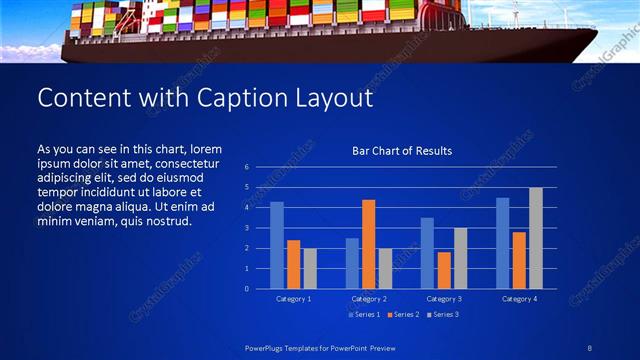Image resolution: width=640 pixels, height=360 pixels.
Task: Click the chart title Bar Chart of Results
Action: pyautogui.click(x=402, y=151)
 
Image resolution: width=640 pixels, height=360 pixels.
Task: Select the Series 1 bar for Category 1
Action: pyautogui.click(x=277, y=245)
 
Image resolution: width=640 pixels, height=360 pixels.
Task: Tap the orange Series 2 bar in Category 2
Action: pyautogui.click(x=368, y=244)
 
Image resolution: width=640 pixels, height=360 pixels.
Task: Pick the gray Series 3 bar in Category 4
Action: pyautogui.click(x=535, y=238)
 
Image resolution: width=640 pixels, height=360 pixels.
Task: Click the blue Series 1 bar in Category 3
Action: pyautogui.click(x=427, y=253)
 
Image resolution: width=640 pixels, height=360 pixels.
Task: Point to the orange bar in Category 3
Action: pyautogui.click(x=443, y=270)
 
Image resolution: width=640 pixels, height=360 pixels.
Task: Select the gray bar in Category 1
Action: pyautogui.click(x=310, y=268)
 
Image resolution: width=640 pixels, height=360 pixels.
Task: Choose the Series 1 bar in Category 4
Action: pyautogui.click(x=502, y=243)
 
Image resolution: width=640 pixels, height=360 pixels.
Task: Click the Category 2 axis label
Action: pyautogui.click(x=368, y=299)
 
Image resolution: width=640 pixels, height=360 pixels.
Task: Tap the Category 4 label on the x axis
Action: pyautogui.click(x=518, y=299)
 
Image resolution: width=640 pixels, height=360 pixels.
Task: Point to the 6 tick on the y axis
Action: pyautogui.click(x=246, y=167)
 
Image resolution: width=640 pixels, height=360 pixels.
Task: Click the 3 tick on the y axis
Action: pyautogui.click(x=246, y=228)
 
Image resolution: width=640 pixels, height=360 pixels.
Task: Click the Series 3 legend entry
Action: pyautogui.click(x=444, y=315)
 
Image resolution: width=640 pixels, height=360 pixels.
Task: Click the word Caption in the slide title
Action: pyautogui.click(x=237, y=98)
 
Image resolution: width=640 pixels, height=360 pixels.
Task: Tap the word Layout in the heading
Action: pyautogui.click(x=327, y=98)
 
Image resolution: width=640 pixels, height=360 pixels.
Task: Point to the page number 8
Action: pyautogui.click(x=591, y=347)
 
